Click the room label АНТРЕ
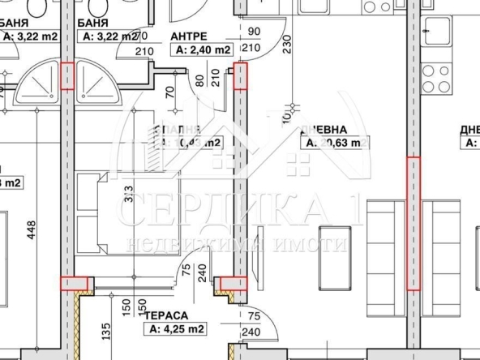189,36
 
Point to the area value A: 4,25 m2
174,328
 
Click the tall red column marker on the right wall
414,223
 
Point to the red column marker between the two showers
67,76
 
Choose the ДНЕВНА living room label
324,129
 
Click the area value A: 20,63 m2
337,143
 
